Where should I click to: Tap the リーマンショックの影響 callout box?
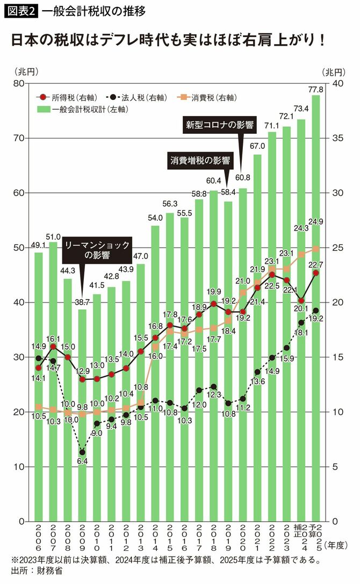(x=97, y=250)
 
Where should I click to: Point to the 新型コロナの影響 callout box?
(x=219, y=125)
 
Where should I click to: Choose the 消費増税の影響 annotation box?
(x=200, y=160)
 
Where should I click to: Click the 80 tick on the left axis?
(x=19, y=83)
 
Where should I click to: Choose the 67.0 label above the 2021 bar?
(x=257, y=147)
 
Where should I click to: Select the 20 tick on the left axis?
(x=19, y=412)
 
